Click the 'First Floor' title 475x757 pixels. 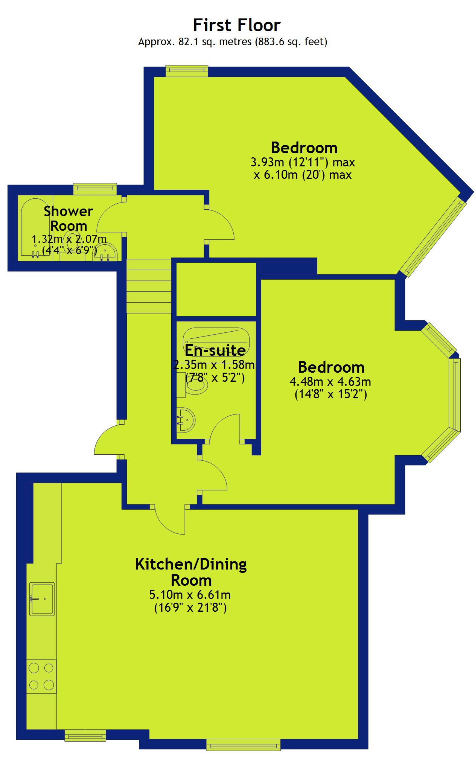(x=237, y=25)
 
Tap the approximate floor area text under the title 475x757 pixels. (x=233, y=42)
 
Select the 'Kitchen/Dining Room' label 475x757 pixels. (x=191, y=572)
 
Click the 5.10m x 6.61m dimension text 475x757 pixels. (x=190, y=595)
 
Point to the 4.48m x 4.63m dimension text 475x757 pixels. (x=330, y=382)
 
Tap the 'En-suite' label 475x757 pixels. (x=215, y=350)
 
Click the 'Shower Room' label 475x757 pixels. (x=69, y=218)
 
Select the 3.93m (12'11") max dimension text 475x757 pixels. (x=303, y=162)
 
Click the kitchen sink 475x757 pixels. (x=42, y=599)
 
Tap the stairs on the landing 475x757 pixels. (x=149, y=286)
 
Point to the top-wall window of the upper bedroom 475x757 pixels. (x=187, y=71)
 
